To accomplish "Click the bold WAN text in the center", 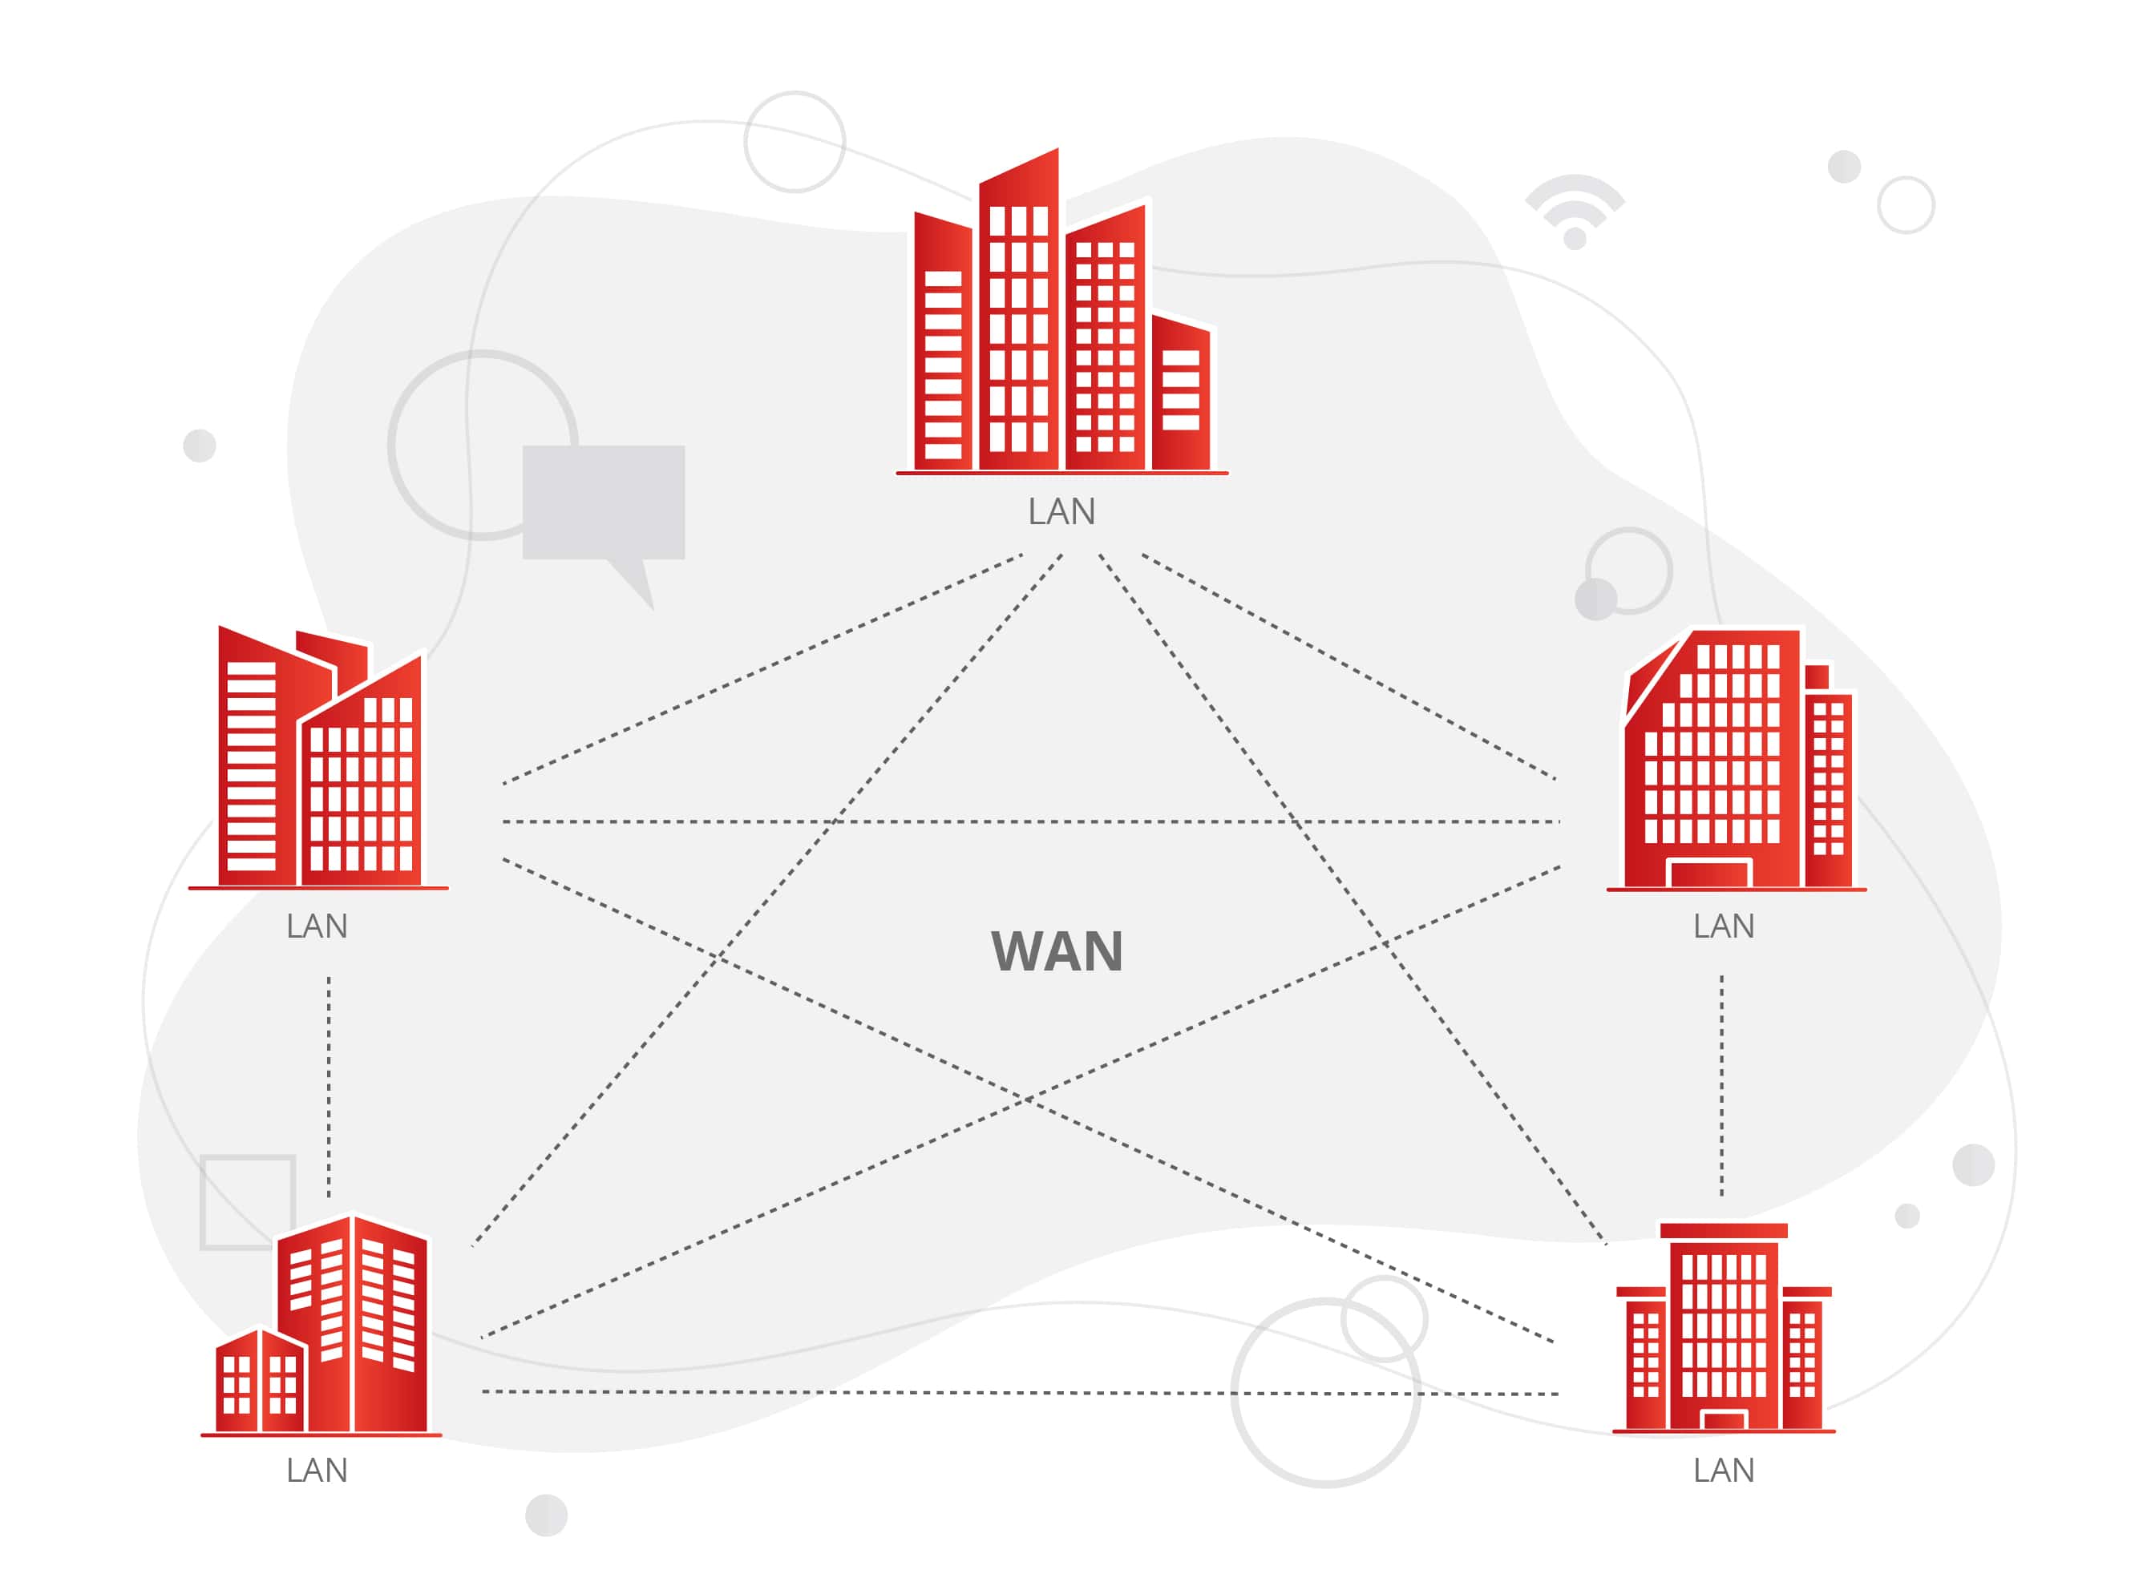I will point(1056,952).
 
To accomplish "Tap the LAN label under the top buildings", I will point(1061,512).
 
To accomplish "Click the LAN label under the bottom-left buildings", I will point(317,1471).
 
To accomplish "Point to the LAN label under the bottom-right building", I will point(1723,1471).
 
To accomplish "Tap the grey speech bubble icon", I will point(604,506).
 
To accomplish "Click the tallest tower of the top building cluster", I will point(1018,317).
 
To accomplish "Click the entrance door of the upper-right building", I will point(1708,874).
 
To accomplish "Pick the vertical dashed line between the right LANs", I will point(1721,1086).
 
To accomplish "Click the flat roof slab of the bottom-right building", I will point(1723,1231).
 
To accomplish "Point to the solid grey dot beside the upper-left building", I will point(200,446).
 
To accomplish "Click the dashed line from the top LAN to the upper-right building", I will point(1348,666).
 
